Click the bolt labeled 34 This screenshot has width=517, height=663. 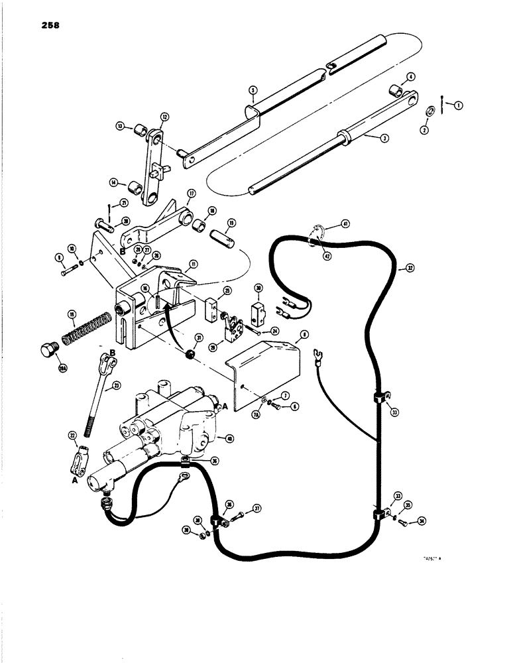click(404, 525)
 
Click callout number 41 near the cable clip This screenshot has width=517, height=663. click(345, 224)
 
